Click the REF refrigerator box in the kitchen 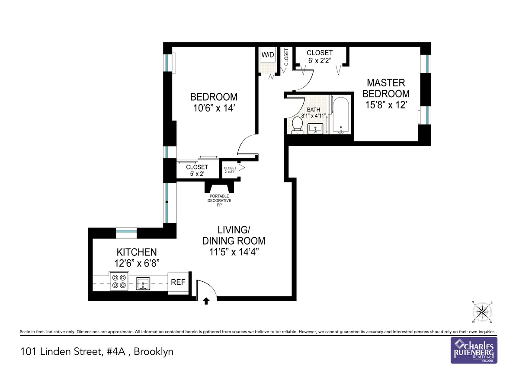(178, 282)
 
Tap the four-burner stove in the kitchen (119, 281)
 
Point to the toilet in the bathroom (297, 124)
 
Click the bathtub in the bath (341, 115)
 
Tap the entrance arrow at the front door (206, 301)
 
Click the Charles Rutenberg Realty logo (474, 350)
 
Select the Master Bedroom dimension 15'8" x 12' (386, 105)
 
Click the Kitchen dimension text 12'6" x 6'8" (136, 263)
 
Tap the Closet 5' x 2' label (197, 170)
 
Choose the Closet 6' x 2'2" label (320, 57)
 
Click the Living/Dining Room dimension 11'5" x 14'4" (234, 252)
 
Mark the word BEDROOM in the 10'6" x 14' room (214, 97)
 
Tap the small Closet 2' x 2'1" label (230, 170)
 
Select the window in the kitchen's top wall (126, 232)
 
